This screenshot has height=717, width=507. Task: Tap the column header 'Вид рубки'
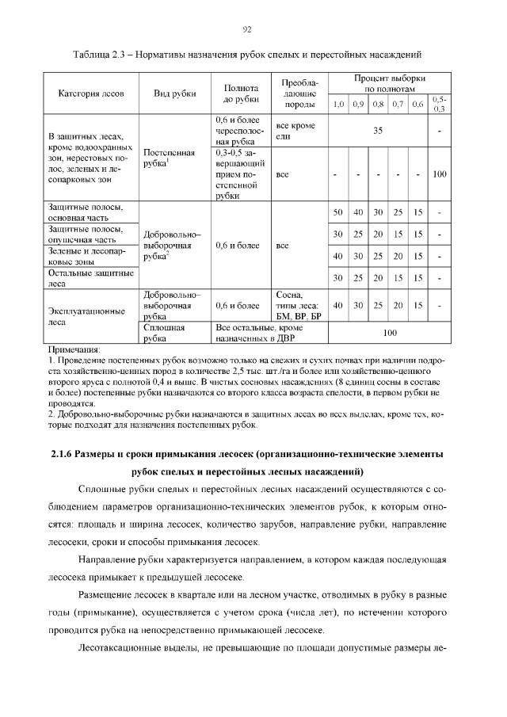click(x=174, y=93)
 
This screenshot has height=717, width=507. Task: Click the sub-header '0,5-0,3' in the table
click(x=440, y=104)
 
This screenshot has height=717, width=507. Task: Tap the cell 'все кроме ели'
click(x=295, y=131)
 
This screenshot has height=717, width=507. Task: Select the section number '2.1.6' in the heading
click(x=63, y=453)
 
